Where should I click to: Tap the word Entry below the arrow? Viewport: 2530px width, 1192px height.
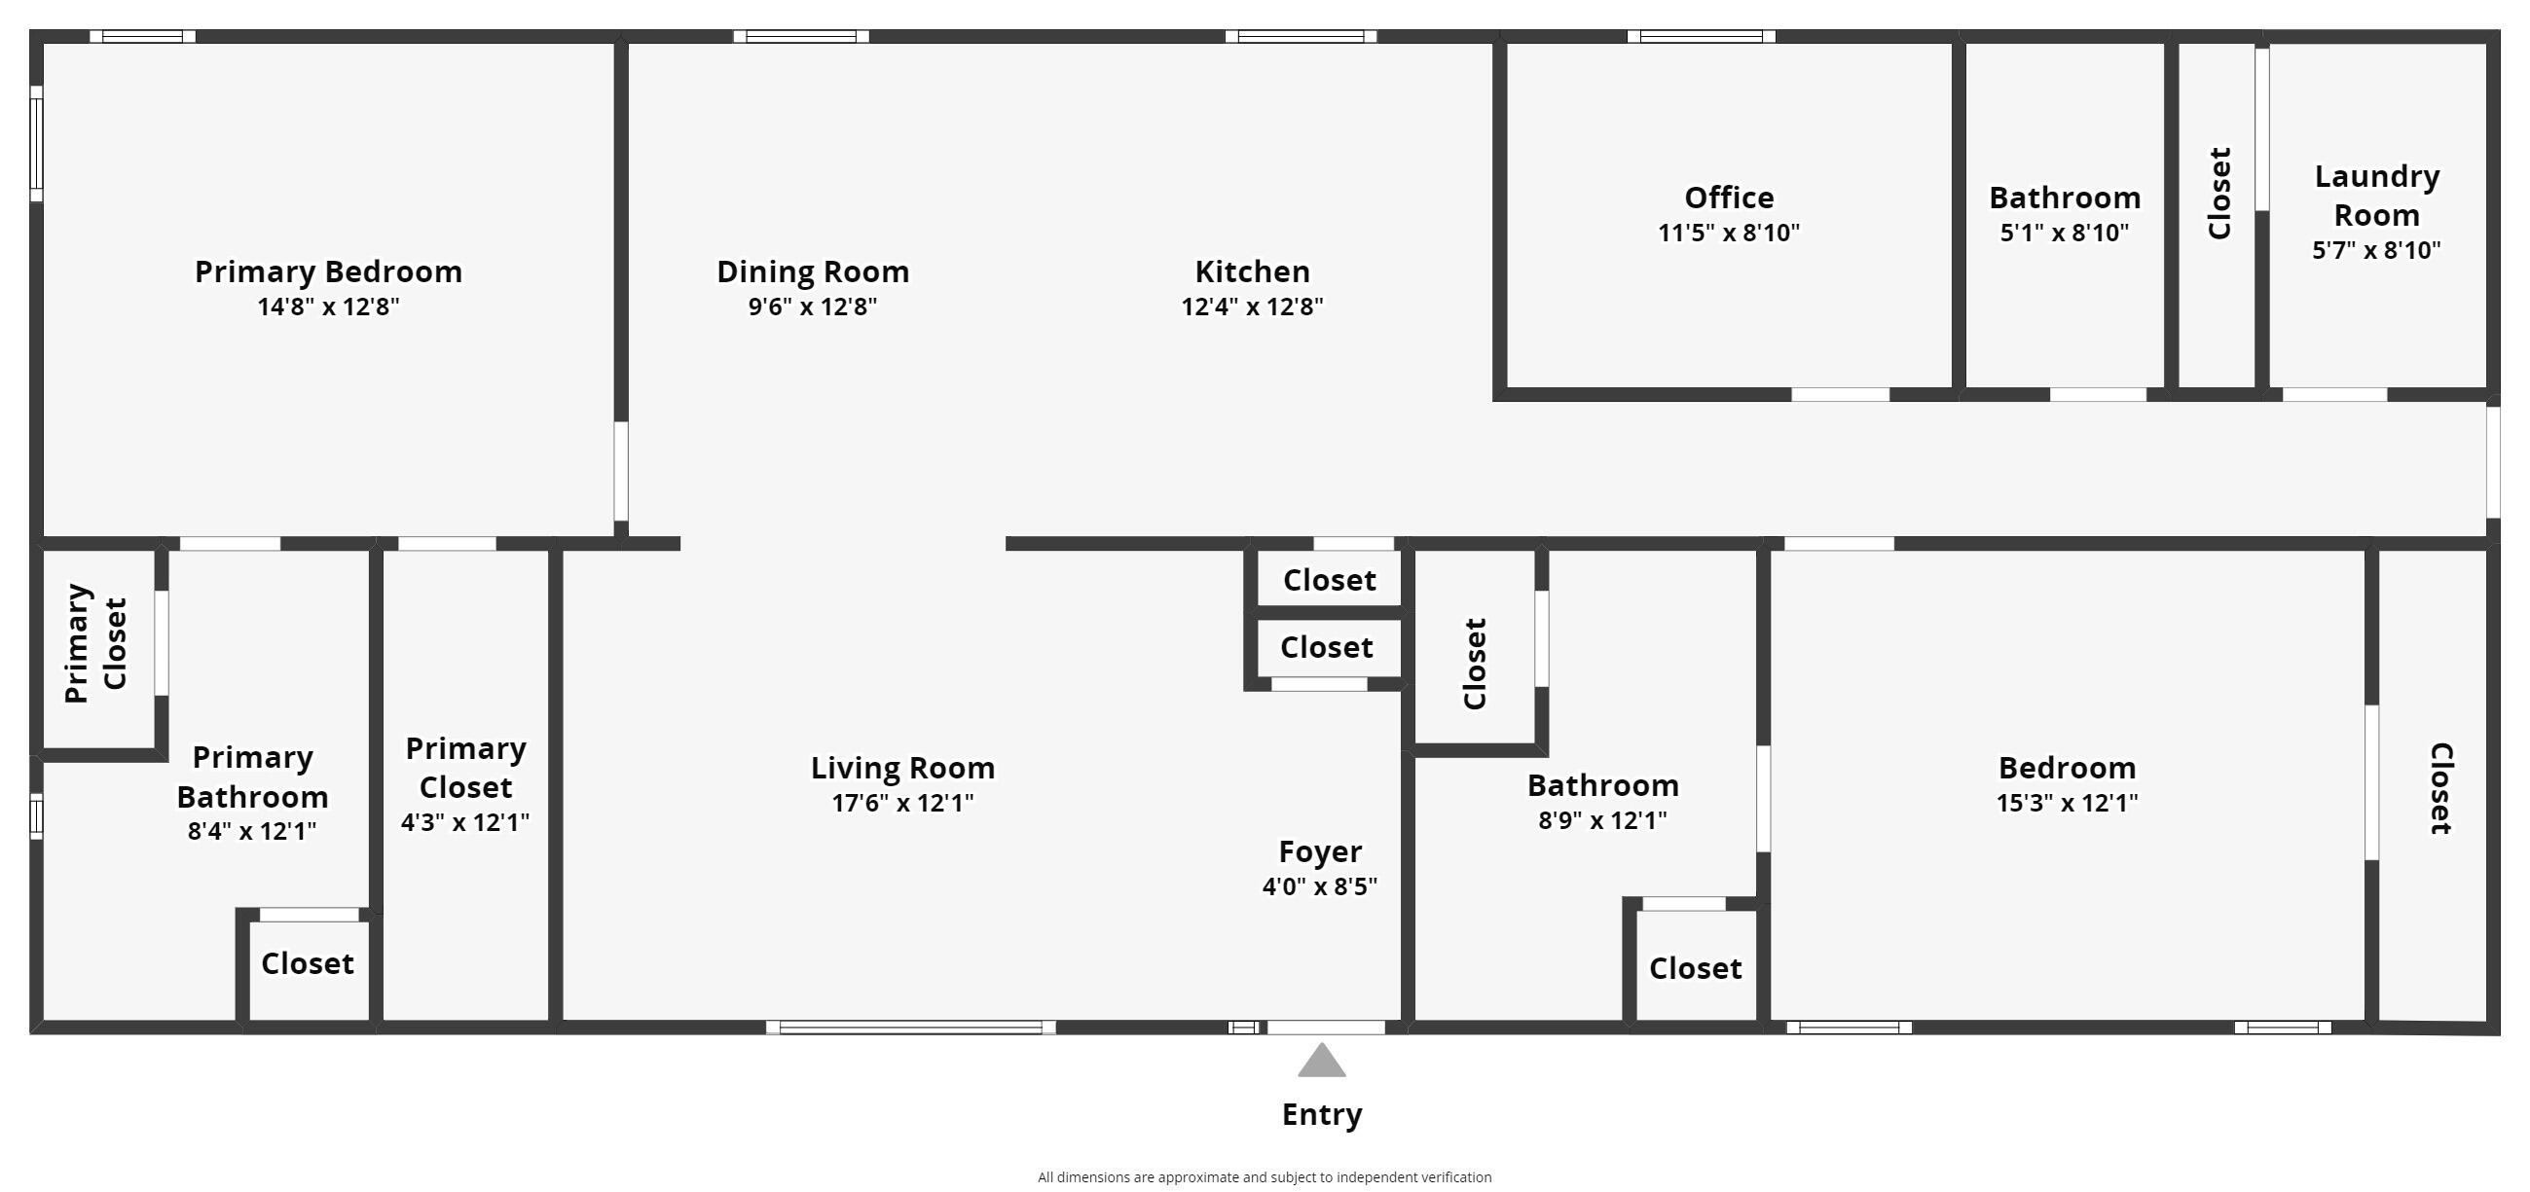click(x=1321, y=1114)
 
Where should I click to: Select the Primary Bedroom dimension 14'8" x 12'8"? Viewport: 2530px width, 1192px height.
click(x=328, y=307)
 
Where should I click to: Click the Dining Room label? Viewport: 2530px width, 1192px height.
click(x=812, y=271)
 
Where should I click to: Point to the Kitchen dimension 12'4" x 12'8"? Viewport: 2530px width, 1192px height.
click(x=1251, y=307)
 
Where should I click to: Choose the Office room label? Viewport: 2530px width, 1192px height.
click(x=1729, y=198)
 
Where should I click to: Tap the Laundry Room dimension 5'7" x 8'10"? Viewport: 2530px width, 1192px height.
click(x=2376, y=249)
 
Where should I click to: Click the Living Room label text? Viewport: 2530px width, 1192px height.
click(x=901, y=768)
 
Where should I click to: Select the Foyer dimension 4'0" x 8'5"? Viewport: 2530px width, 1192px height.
click(x=1319, y=886)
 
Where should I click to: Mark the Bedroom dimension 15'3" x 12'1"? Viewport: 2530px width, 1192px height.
click(x=2067, y=803)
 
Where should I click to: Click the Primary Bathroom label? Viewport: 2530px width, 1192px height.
click(x=252, y=777)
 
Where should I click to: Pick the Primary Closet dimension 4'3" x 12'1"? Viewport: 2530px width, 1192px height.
click(x=464, y=822)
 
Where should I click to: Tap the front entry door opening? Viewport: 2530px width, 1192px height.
click(x=1325, y=1027)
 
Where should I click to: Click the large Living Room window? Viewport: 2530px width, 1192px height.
click(x=910, y=1027)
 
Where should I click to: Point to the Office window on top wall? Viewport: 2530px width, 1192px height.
click(x=1700, y=36)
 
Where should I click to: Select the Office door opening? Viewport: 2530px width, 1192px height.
click(x=1840, y=395)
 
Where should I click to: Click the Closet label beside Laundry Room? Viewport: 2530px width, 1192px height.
click(x=2218, y=194)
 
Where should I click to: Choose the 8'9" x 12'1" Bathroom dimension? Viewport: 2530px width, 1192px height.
click(x=1602, y=820)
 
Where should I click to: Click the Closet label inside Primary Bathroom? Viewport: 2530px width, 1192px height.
click(x=307, y=963)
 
